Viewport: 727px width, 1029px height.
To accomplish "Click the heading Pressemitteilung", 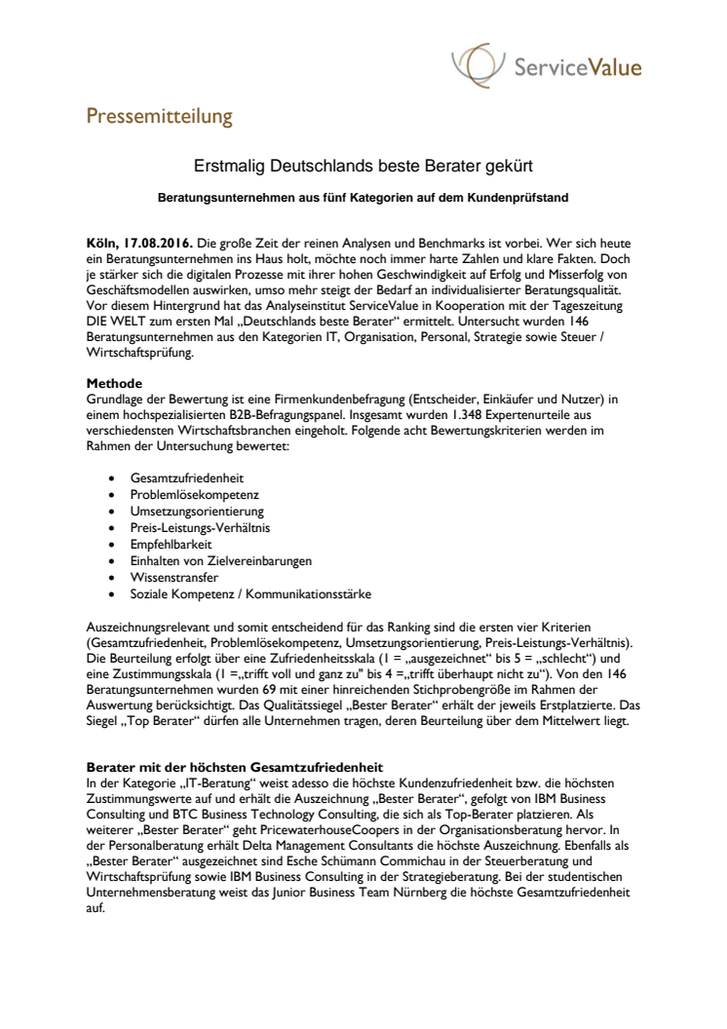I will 160,117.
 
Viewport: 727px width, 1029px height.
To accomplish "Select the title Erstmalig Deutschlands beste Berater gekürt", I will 363,168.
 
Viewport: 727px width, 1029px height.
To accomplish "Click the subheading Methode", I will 114,383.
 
